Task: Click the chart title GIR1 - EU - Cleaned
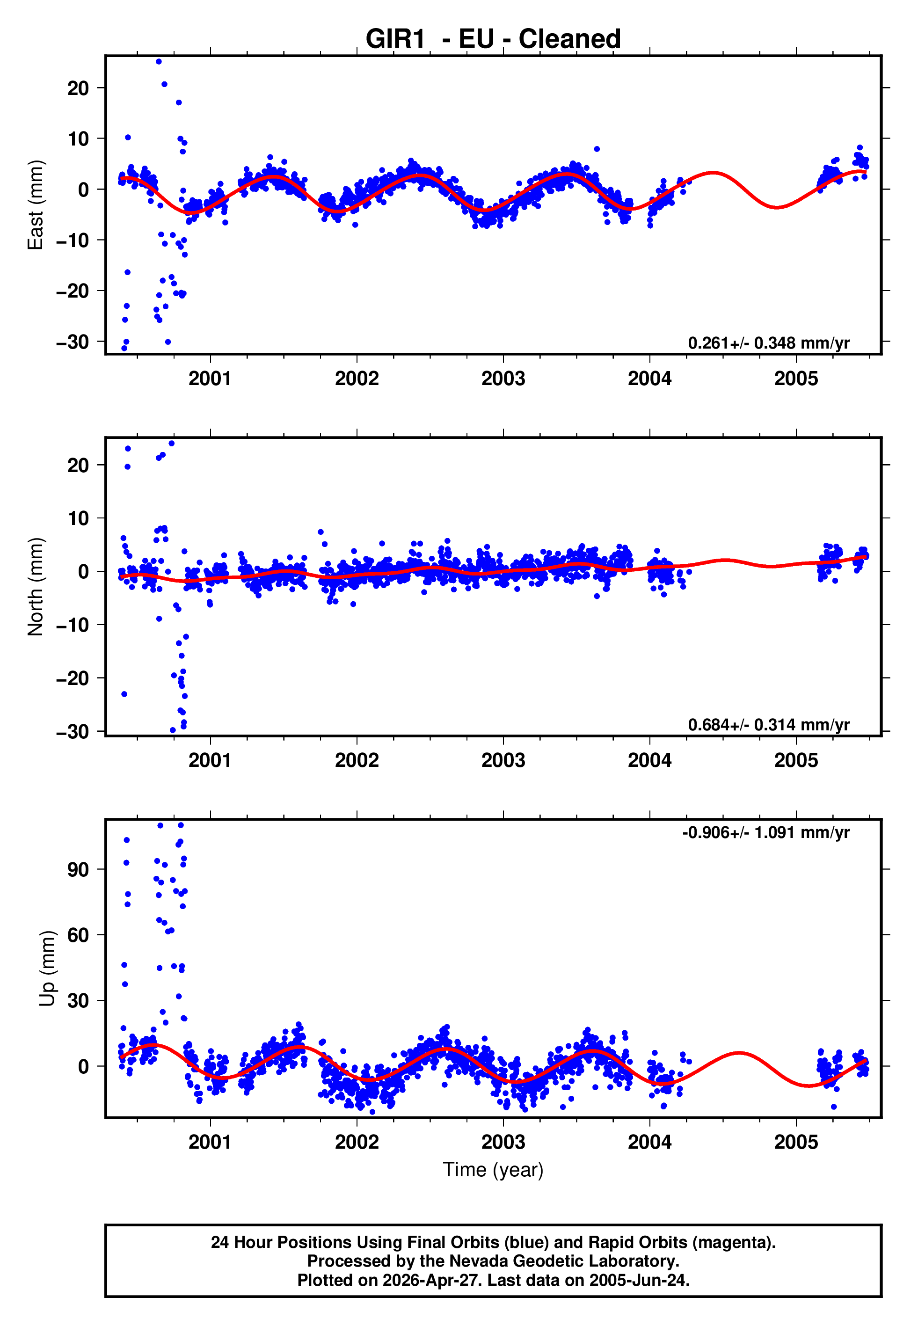[493, 39]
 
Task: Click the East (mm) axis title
[36, 205]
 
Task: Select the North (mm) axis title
[36, 587]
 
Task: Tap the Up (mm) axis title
[47, 969]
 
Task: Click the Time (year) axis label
[493, 1170]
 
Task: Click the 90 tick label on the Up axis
[78, 869]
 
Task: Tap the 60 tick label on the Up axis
[78, 935]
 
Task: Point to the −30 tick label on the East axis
[73, 342]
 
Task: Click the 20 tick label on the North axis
[78, 465]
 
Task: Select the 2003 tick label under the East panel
[503, 379]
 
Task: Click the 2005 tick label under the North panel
[796, 761]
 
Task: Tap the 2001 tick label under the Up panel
[211, 1142]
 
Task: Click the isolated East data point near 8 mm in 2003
[597, 149]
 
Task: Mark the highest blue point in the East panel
[159, 61]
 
